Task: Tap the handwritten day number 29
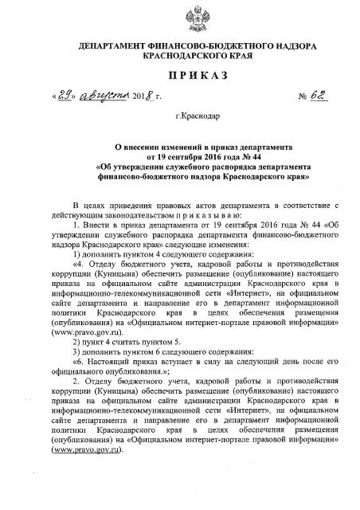[66, 97]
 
